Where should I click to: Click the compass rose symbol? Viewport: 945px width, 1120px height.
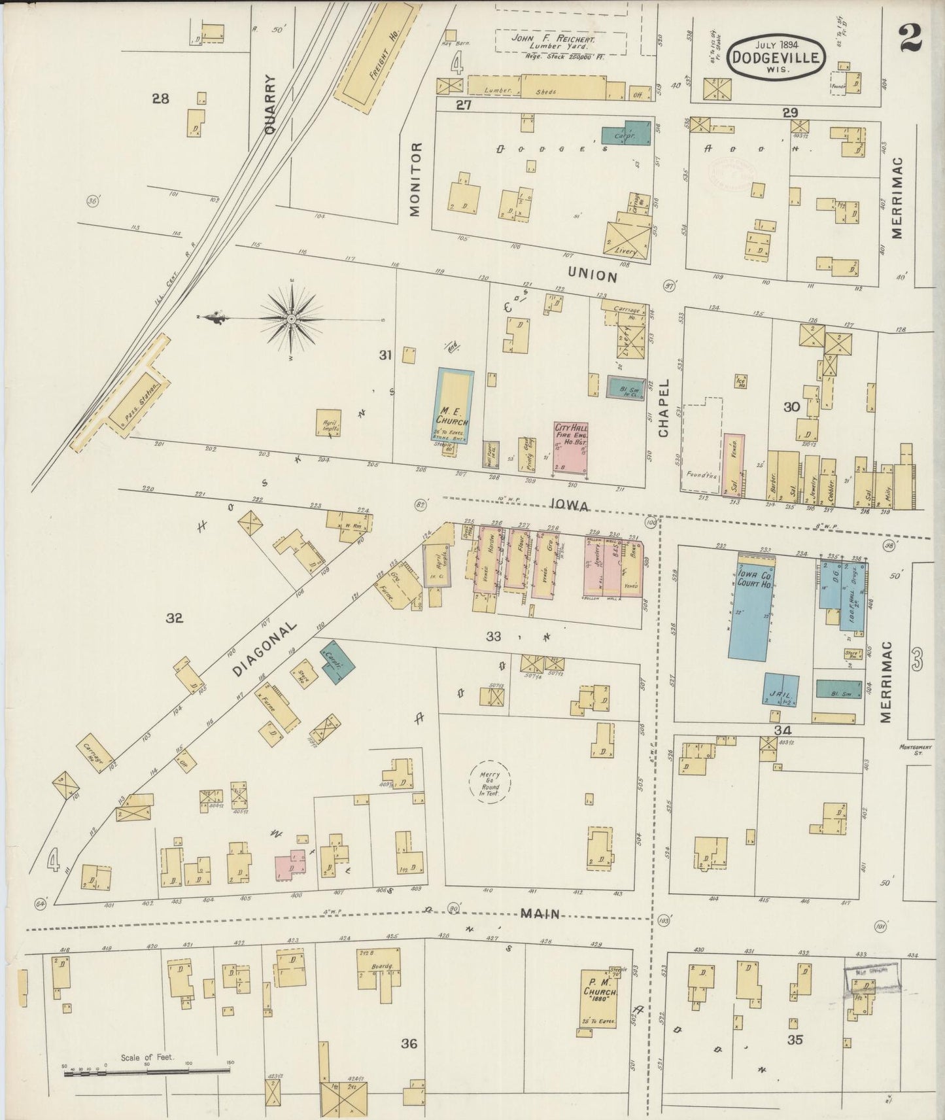pos(291,319)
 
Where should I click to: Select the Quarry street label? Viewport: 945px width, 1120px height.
pos(272,104)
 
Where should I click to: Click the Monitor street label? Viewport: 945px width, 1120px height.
pos(416,179)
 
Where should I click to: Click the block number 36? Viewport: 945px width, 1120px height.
pos(409,1043)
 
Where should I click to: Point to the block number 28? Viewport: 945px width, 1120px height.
pos(160,99)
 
